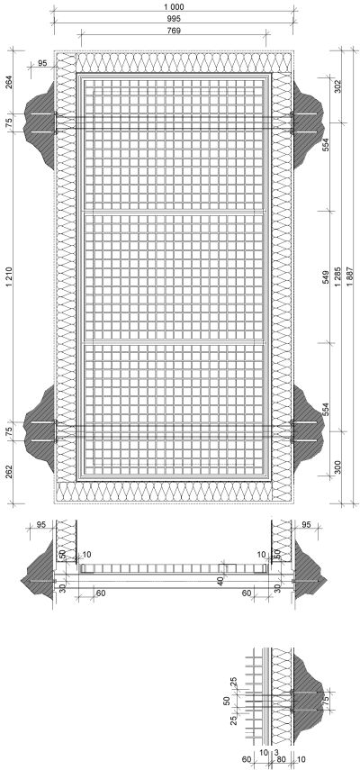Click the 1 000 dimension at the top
click(x=174, y=7)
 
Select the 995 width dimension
click(x=174, y=19)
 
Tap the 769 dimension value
click(x=174, y=31)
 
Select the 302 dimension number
click(x=337, y=86)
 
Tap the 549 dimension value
click(x=326, y=277)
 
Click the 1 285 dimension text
click(x=337, y=277)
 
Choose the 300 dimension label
click(x=337, y=467)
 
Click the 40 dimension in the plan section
click(x=220, y=581)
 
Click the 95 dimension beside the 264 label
click(x=41, y=63)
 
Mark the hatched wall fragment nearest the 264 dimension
click(x=40, y=125)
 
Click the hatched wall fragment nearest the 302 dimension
click(x=308, y=125)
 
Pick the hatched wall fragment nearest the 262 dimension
click(x=40, y=428)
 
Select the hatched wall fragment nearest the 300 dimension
click(x=308, y=428)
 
